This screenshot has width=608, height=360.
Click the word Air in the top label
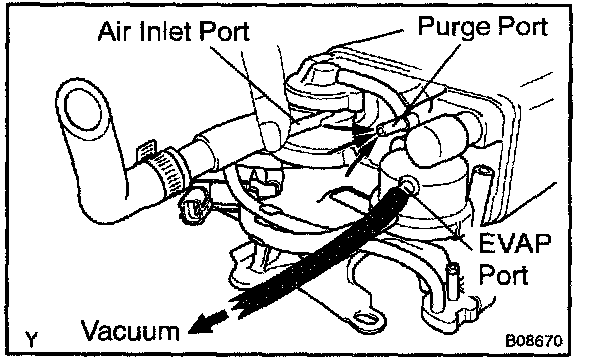point(115,31)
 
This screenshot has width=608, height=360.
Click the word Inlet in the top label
point(168,31)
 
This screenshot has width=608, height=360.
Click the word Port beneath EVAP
point(503,274)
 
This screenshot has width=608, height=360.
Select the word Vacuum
point(130,331)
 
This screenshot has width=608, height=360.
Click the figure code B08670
point(534,341)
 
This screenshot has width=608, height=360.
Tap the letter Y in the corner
point(31,339)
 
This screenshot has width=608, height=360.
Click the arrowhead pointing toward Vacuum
point(207,321)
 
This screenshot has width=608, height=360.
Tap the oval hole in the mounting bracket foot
point(366,320)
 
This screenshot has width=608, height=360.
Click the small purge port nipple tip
point(382,131)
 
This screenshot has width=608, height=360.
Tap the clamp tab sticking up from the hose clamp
point(146,149)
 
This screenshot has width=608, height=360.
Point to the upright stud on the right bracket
point(453,281)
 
